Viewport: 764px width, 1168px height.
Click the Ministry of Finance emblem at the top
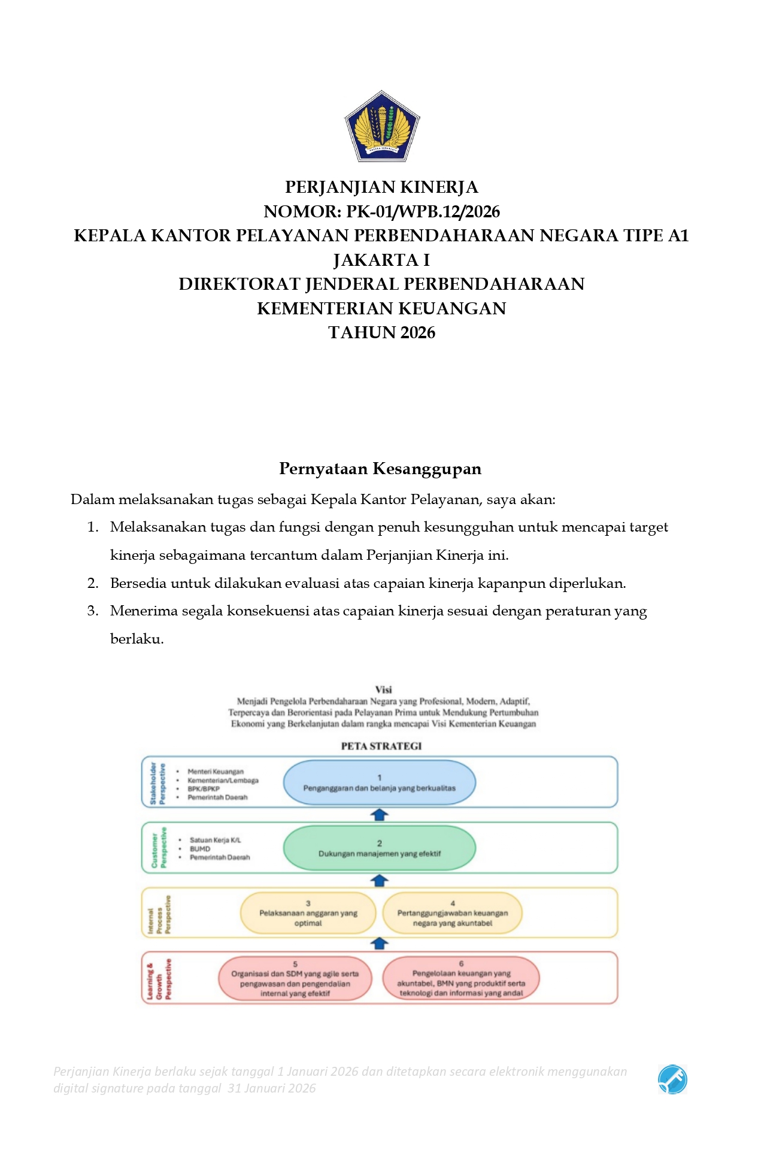[x=381, y=126]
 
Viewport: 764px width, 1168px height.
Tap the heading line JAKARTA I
[x=381, y=260]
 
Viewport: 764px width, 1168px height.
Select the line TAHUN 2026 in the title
[x=381, y=333]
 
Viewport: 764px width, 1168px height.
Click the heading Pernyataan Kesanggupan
[x=380, y=469]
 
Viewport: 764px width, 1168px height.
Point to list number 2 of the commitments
[x=93, y=584]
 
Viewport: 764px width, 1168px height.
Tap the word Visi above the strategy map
[x=383, y=690]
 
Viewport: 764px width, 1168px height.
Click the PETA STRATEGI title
[x=381, y=746]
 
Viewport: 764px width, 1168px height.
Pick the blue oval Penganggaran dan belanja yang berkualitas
[x=379, y=782]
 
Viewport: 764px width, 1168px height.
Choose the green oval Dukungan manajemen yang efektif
[x=379, y=848]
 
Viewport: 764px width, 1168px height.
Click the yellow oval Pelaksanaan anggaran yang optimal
[x=308, y=913]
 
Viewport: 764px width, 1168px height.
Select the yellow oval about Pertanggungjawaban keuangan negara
[x=452, y=913]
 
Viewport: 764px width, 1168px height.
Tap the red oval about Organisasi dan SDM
[x=295, y=978]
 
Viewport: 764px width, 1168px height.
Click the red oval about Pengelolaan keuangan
[x=460, y=978]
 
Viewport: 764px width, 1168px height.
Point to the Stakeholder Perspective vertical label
[x=157, y=782]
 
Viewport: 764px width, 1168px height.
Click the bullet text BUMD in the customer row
[x=200, y=849]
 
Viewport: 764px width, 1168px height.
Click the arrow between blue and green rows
[x=380, y=815]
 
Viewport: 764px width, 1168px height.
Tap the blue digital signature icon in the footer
[x=672, y=1079]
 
